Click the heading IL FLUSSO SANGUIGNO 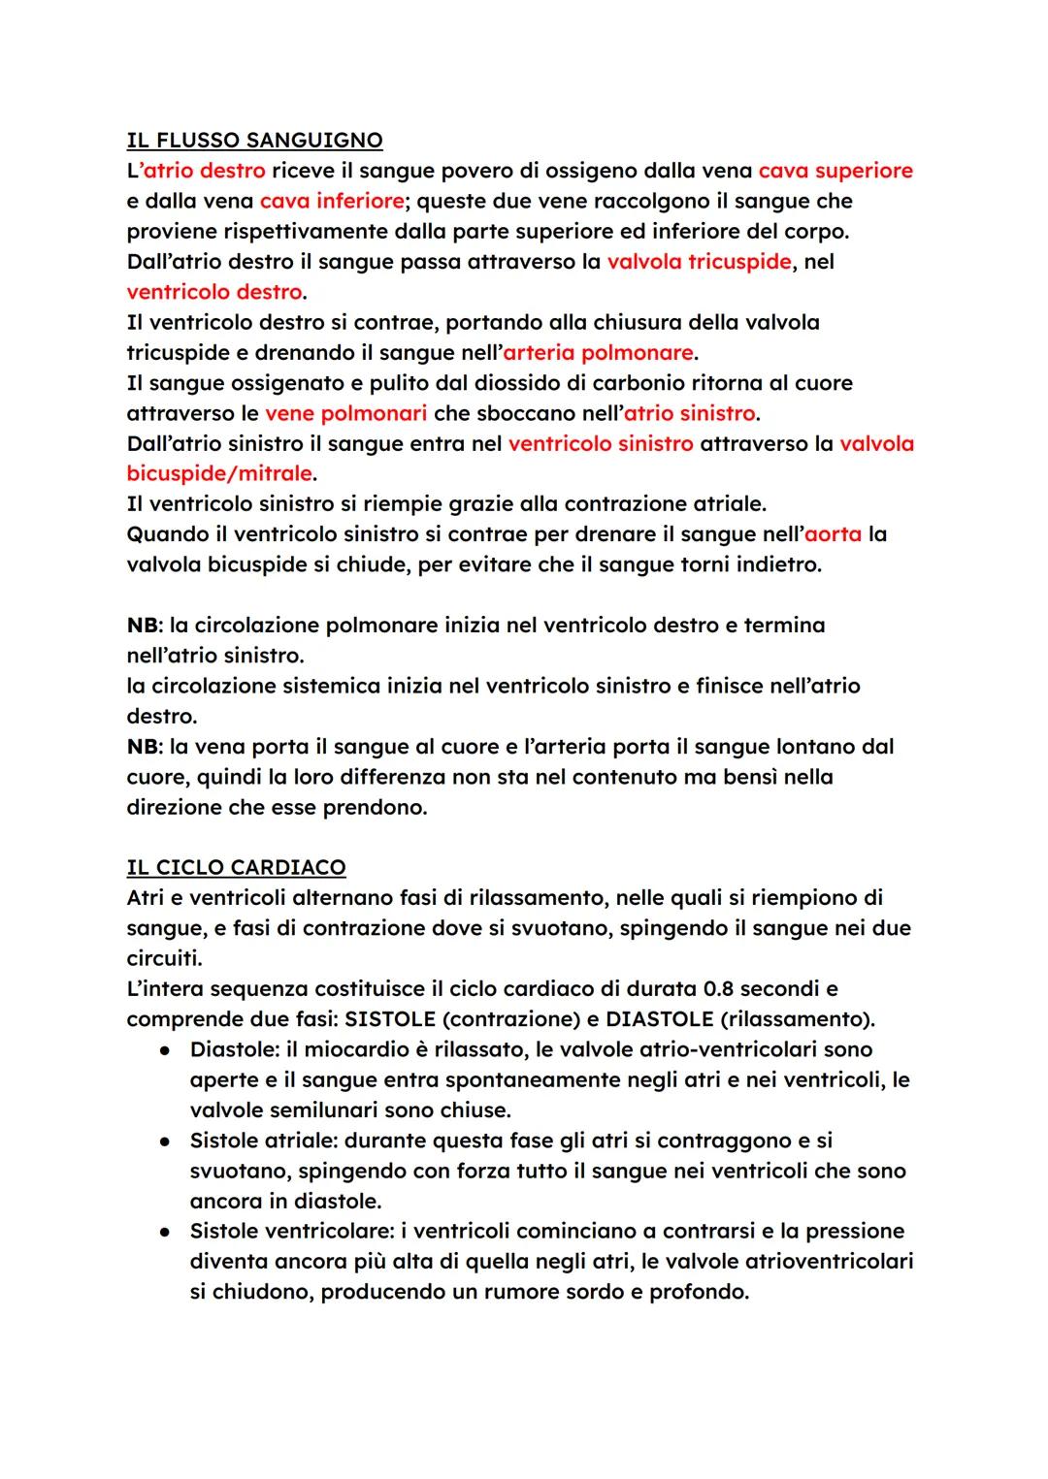tap(254, 141)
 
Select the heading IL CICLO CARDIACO tap(236, 867)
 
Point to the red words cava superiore tap(835, 171)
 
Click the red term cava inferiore tap(332, 201)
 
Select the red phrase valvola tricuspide tap(699, 262)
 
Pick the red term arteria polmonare tap(598, 352)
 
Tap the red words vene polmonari tap(345, 413)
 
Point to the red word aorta tap(834, 534)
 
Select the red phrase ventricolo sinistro tap(601, 444)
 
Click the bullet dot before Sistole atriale tap(167, 1141)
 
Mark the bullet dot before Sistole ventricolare tap(167, 1232)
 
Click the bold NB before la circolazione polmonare tap(144, 626)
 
